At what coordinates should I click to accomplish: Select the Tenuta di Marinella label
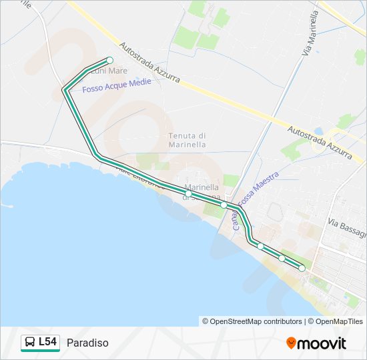click(x=187, y=140)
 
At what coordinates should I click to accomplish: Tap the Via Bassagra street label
click(x=348, y=228)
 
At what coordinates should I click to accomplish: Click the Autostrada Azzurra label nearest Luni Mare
click(x=150, y=63)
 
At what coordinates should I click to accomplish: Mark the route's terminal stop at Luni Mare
click(x=110, y=60)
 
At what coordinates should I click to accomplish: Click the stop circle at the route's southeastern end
click(x=302, y=268)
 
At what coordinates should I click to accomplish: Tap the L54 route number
click(x=47, y=343)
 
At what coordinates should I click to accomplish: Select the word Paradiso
click(x=87, y=343)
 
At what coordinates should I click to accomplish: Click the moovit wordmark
click(x=322, y=343)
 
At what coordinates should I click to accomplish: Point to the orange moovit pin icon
click(x=291, y=343)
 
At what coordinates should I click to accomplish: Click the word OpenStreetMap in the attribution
click(x=236, y=321)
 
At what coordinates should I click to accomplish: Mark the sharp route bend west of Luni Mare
click(x=64, y=89)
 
